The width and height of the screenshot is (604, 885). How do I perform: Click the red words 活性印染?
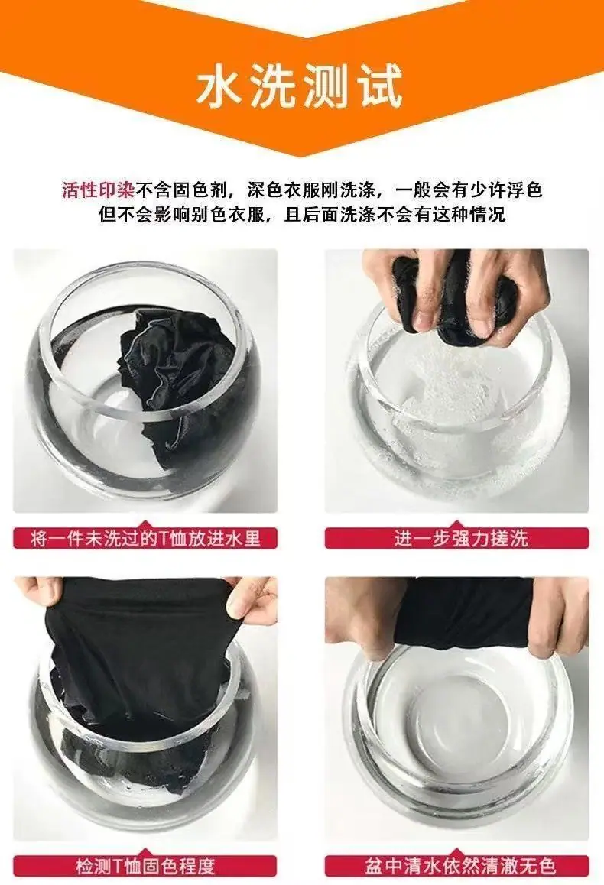click(x=98, y=190)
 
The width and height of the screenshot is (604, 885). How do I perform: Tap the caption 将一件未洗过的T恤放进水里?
click(x=145, y=539)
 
